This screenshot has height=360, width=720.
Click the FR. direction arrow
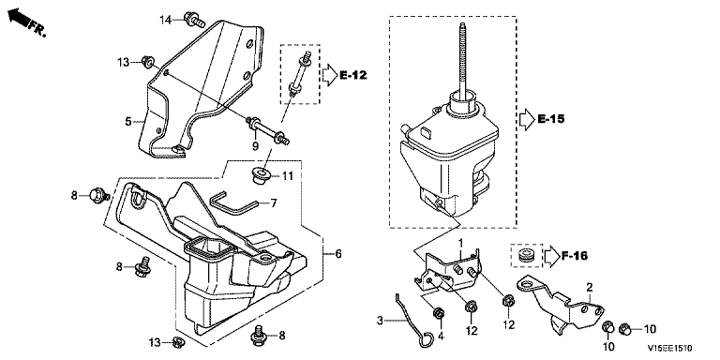pos(19,19)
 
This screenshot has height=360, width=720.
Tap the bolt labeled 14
pos(195,19)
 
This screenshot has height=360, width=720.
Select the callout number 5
pos(128,122)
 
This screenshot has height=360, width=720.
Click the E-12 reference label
pos(353,75)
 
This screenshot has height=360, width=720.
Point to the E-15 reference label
pos(551,119)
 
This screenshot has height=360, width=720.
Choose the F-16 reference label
pos(575,256)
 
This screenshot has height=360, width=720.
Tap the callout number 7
pos(274,202)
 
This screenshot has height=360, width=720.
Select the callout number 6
pos(338,253)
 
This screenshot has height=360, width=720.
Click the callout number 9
pos(255,145)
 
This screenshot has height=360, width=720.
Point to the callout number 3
pos(381,319)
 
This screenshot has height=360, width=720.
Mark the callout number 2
pos(590,288)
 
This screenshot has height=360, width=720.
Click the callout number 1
pos(461,242)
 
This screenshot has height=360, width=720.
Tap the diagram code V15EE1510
pos(670,349)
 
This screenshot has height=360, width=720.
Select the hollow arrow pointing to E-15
pos(526,119)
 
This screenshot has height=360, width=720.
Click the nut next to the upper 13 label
pos(148,62)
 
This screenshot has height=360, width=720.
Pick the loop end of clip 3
pos(427,339)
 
